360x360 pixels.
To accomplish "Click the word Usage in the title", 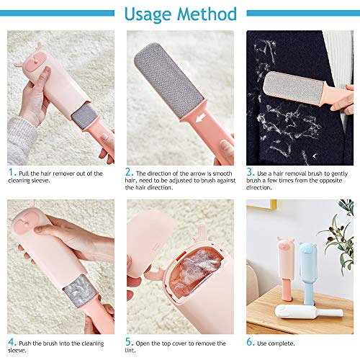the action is tap(148, 15).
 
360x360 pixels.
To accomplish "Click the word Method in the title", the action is tap(207, 14).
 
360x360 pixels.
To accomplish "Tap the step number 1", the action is tap(11, 172).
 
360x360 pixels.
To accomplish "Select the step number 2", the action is tap(128, 172).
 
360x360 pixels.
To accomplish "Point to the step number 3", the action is tap(250, 172).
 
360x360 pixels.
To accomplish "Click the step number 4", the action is tap(12, 342).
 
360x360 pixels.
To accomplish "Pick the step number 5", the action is tap(128, 342).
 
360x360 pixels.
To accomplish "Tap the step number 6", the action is tap(250, 342).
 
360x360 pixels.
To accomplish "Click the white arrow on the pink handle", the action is tap(200, 118).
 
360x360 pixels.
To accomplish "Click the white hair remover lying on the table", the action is tap(309, 312).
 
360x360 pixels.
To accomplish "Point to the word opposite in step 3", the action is tap(329, 181).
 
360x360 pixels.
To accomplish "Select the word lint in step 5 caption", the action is tap(130, 351).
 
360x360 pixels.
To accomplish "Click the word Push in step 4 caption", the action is tap(25, 343).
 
